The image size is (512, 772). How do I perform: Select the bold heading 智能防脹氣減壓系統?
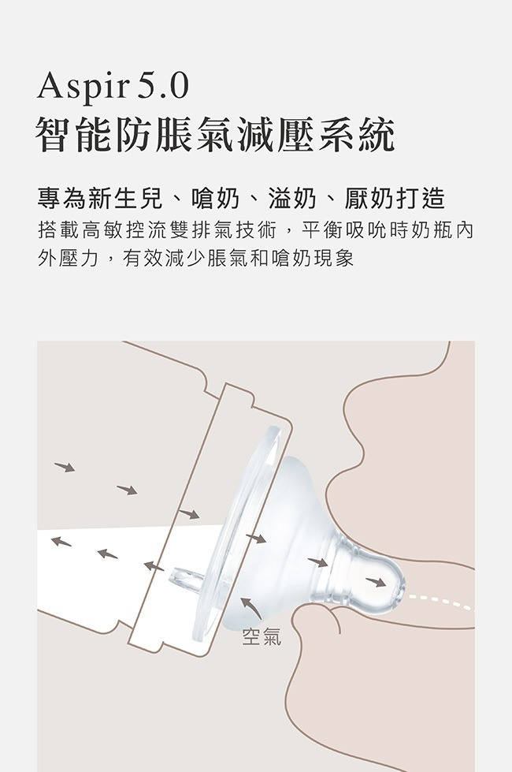[x=215, y=135]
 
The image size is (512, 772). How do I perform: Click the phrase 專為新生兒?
[x=100, y=199]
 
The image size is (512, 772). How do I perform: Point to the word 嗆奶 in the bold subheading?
[x=215, y=199]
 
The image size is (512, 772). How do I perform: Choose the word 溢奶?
[x=292, y=199]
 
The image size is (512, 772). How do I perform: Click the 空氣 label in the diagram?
[x=262, y=636]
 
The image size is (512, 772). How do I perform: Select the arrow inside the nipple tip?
[x=376, y=582]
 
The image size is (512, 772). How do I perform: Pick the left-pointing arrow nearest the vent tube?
[x=154, y=566]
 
